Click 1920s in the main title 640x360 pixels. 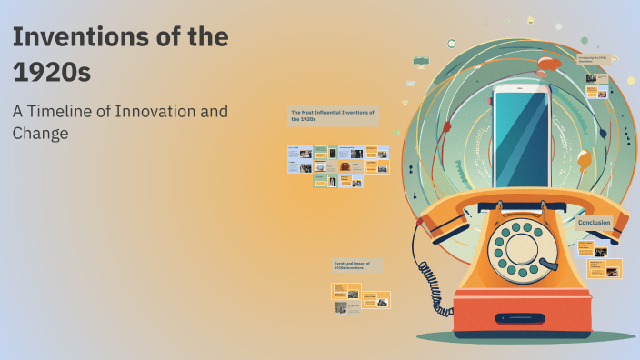[x=51, y=72]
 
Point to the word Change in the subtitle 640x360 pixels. [x=41, y=134]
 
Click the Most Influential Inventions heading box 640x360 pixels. [x=333, y=115]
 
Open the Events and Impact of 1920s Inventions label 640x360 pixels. [x=357, y=265]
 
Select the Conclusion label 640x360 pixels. [x=594, y=223]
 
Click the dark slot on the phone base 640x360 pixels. [x=528, y=319]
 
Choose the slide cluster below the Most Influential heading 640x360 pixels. [x=338, y=165]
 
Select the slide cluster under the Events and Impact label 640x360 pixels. [x=360, y=296]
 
